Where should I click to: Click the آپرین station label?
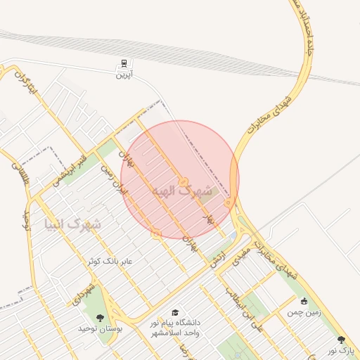(x=124, y=74)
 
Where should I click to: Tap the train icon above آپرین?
(x=124, y=63)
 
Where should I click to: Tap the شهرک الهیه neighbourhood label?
(x=181, y=191)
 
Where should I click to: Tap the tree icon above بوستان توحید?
(x=99, y=318)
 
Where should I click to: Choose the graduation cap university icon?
(x=174, y=312)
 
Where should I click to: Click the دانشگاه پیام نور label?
(x=175, y=327)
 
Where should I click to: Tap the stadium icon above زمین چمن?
(x=303, y=302)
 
